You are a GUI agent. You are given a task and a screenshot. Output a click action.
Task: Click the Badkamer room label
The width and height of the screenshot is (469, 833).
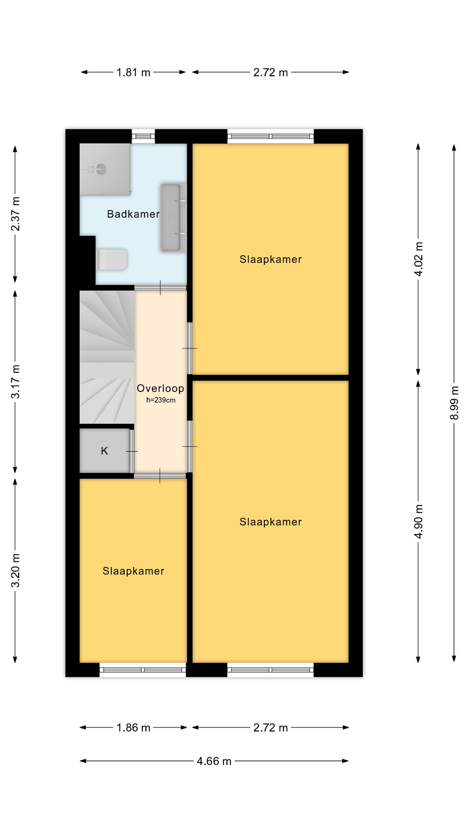(133, 214)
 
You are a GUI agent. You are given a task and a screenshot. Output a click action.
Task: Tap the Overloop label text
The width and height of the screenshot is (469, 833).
(160, 388)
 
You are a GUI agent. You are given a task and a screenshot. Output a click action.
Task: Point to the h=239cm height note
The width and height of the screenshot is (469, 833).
(161, 400)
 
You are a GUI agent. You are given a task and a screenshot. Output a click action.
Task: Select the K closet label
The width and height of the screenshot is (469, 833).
(104, 451)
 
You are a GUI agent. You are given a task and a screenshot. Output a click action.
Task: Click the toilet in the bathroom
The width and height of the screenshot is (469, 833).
(112, 259)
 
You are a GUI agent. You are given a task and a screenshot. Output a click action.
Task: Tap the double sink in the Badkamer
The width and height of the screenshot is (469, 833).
(173, 217)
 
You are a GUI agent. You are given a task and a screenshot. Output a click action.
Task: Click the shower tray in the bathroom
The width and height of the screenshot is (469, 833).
(105, 169)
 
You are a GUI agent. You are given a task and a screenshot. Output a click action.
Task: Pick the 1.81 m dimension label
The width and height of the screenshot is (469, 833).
(133, 72)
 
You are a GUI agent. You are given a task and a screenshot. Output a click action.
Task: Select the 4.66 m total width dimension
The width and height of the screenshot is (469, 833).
(214, 761)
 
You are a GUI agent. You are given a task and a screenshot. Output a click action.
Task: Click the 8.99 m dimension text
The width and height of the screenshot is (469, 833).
(454, 403)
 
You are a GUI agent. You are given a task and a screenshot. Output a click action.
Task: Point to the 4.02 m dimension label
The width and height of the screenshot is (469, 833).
(419, 259)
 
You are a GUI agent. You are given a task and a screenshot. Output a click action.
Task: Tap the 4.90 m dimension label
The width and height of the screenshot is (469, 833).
(419, 521)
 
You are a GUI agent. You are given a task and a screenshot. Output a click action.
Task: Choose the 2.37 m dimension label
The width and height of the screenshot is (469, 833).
(15, 214)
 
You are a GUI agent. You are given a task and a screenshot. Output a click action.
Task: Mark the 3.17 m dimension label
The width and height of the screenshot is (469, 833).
(15, 381)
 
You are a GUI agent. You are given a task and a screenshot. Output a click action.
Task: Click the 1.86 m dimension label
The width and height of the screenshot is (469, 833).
(133, 728)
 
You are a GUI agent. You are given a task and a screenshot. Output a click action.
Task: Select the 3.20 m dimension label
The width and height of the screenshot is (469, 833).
(15, 571)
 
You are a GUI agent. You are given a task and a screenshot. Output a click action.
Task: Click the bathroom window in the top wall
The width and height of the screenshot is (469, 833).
(143, 136)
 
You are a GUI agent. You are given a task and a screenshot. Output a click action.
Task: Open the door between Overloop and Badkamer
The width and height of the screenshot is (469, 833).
(160, 287)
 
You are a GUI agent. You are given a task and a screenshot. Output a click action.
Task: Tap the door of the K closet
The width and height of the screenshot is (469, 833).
(132, 451)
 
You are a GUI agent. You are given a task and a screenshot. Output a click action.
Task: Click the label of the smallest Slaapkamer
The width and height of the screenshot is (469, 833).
(133, 571)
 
